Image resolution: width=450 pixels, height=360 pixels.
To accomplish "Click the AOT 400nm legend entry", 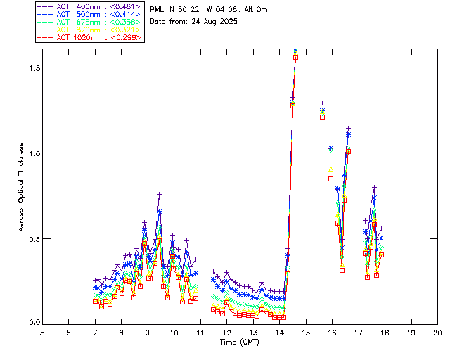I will (89, 6).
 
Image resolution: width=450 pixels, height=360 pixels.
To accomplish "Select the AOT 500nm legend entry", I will (89, 14).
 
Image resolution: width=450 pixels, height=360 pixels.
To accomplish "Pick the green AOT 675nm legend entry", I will (89, 22).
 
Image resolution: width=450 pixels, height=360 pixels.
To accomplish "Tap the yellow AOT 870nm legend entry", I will (89, 30).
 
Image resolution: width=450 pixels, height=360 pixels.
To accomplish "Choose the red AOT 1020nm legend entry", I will (89, 37).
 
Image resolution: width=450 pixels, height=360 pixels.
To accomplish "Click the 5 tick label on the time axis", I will (42, 332).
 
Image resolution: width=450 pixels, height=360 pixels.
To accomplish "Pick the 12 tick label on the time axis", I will (226, 332).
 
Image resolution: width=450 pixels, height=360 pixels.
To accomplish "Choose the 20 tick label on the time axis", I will (437, 332).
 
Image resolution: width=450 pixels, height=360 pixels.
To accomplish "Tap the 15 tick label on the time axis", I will (306, 332).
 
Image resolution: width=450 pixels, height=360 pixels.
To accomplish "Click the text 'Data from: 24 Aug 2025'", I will (193, 21).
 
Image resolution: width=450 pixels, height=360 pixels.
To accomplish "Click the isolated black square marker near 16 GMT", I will (330, 179).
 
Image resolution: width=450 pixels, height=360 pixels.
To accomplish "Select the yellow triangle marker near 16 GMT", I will (330, 169).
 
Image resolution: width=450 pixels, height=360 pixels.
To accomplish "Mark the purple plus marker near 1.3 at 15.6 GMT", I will (322, 103).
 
